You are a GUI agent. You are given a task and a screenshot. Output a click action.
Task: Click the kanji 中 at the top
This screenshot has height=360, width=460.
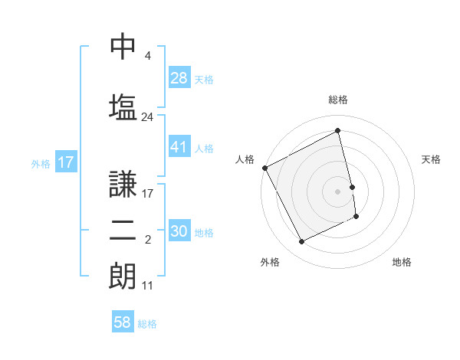pos(123,47)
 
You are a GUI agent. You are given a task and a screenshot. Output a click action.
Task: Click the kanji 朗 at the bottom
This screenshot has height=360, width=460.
pos(123,276)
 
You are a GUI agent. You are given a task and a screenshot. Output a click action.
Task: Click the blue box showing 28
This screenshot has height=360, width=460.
pos(179,78)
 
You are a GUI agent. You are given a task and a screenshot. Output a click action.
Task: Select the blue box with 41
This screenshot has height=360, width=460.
pos(179,147)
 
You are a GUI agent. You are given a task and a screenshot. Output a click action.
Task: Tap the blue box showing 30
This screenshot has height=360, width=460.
pos(179,231)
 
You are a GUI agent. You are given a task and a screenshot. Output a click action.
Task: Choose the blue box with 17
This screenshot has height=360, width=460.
pos(65,162)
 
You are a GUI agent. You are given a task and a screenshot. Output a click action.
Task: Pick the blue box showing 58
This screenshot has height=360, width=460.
pos(123,322)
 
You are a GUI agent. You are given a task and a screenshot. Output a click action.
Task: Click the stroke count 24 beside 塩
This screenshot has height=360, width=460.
pos(147,117)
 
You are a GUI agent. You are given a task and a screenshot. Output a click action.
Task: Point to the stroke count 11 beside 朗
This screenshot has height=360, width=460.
pos(147,285)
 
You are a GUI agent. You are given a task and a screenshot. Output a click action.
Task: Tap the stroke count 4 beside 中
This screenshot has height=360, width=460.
pos(147,56)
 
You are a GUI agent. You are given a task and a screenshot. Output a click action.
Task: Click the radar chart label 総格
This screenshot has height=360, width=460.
pos(338,100)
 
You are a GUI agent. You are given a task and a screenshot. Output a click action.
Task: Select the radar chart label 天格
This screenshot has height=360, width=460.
pos(431,159)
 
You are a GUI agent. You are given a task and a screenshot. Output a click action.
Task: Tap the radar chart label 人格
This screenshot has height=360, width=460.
pos(245,159)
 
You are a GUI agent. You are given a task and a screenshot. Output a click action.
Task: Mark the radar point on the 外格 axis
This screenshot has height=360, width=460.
pos(301,242)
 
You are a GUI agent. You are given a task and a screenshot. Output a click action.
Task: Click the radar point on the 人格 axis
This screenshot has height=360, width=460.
pos(264,168)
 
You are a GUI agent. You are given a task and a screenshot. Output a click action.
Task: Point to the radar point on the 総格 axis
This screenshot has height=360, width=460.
pos(338,130)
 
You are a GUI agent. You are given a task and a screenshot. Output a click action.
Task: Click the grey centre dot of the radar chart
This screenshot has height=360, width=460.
pos(338,191)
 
